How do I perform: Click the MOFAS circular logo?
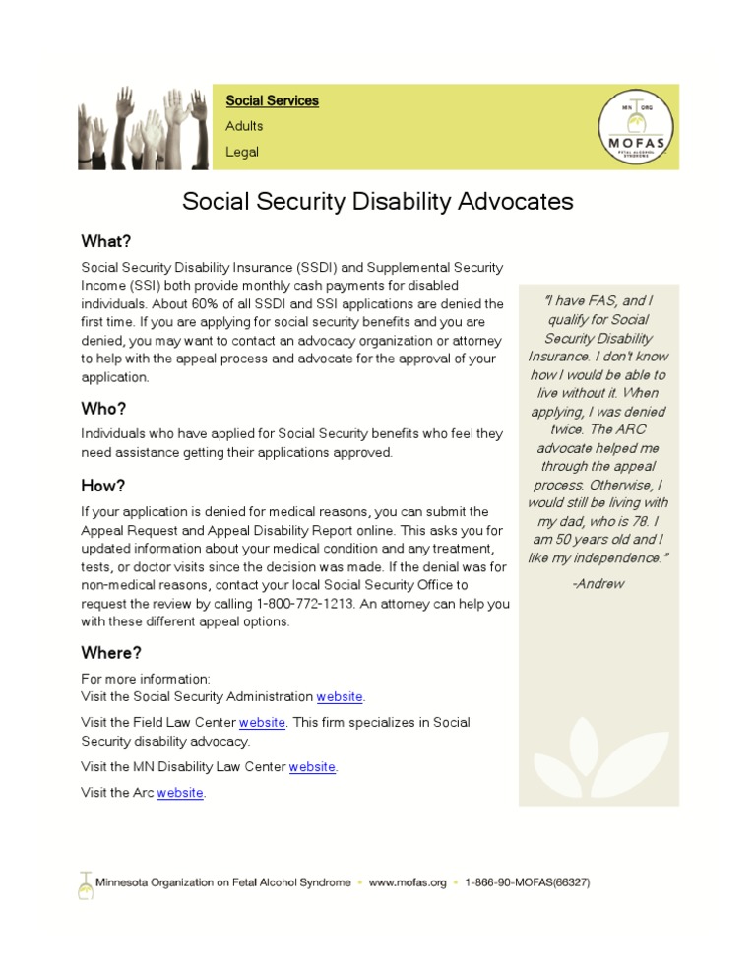[636, 126]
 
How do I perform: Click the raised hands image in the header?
[145, 128]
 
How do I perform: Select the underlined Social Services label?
[272, 100]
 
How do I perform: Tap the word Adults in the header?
[244, 126]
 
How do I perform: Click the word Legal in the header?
[242, 152]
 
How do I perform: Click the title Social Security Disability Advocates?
[378, 202]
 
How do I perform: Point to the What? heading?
[105, 241]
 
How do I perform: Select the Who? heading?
[103, 409]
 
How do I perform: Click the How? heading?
[103, 486]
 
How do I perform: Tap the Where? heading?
[110, 653]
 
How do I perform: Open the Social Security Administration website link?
[340, 697]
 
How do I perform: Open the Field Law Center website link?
[262, 722]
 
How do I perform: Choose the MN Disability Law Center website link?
[312, 766]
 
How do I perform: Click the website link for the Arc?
[180, 792]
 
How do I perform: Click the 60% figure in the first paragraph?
[185, 304]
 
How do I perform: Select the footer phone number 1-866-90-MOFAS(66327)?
[528, 882]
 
